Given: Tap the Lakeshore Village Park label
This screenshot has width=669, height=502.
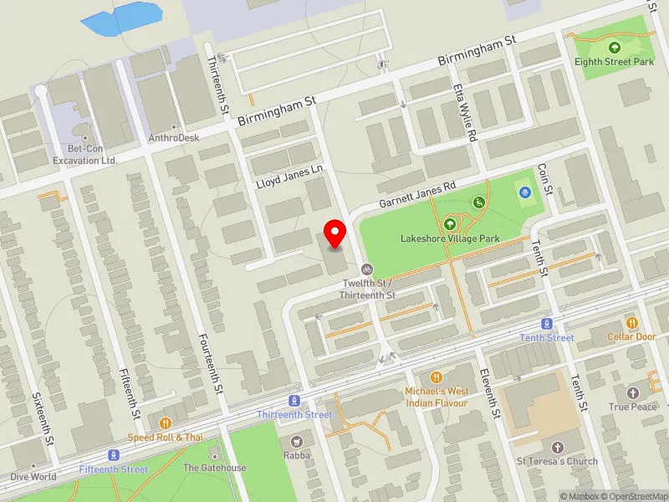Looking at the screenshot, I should coord(450,238).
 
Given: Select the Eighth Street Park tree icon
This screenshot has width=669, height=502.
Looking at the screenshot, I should coord(615,48).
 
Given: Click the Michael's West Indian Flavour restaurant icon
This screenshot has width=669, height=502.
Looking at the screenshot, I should coord(436,377).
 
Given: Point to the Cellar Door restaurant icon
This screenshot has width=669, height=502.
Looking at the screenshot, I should coord(632,323).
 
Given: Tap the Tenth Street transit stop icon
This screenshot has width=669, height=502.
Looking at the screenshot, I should coord(547,324).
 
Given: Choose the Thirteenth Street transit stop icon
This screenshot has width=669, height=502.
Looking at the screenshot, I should coord(294,402).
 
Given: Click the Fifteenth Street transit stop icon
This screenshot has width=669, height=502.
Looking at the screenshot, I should coord(114,456).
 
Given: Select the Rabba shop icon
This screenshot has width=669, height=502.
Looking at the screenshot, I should coord(296,441).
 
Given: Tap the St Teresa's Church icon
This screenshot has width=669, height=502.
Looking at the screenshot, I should coord(557,447).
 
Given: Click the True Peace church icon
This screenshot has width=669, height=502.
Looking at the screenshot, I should coord(633,392).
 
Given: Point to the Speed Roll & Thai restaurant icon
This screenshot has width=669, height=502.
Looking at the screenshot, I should coord(165,423).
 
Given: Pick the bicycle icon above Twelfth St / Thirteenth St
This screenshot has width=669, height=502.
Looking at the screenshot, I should coord(366,269).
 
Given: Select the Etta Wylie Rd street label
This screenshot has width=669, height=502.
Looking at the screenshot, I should coord(465,112).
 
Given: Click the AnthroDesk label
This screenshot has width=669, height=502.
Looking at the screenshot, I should coord(173,138).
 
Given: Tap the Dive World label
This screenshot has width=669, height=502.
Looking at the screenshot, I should coord(33,477).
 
